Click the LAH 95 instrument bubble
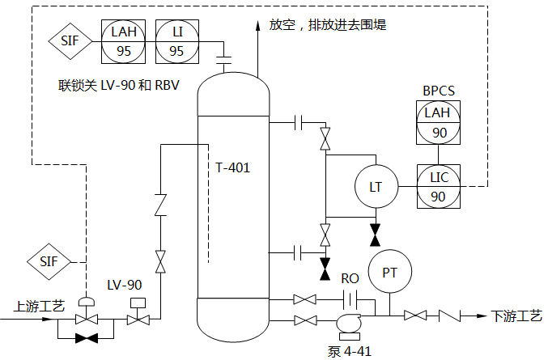(124, 40)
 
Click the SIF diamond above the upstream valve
(49, 261)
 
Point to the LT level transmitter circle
(375, 187)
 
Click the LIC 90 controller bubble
(438, 187)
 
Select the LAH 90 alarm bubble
(438, 122)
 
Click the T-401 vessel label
(232, 167)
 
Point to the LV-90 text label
(125, 285)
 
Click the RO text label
(350, 278)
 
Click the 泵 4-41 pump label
(350, 350)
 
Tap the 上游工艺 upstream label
(40, 307)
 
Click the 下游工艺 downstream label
(516, 316)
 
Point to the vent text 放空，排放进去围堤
(328, 25)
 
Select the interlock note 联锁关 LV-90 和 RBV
(118, 85)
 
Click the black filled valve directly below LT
(375, 235)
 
